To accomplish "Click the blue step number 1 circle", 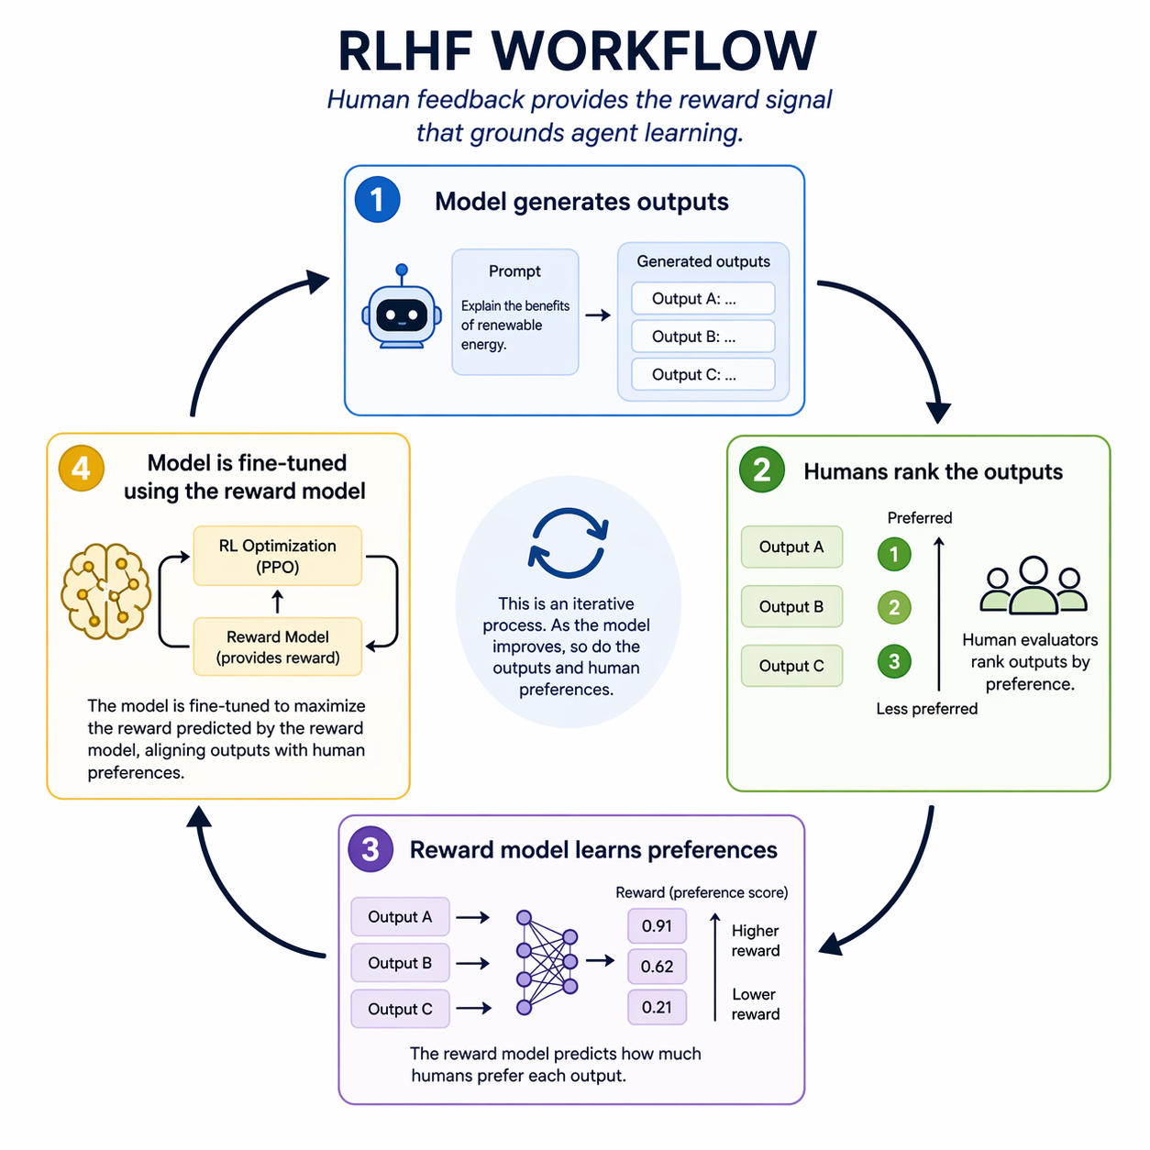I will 377,199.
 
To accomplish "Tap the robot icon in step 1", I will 401,310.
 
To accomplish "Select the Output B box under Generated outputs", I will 702,337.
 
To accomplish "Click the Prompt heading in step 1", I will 514,271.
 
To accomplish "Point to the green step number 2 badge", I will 761,470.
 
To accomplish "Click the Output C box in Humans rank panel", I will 791,666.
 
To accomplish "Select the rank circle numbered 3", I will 894,661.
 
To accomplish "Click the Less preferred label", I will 926,709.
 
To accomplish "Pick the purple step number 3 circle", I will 370,848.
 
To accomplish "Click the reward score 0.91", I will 657,926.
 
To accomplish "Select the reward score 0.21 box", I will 657,1007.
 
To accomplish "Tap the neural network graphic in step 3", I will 547,962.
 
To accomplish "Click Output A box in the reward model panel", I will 400,917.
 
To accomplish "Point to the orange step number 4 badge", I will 81,468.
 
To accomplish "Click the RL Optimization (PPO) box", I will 277,556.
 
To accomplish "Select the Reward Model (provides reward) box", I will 277,647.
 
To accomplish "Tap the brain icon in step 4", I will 105,591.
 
